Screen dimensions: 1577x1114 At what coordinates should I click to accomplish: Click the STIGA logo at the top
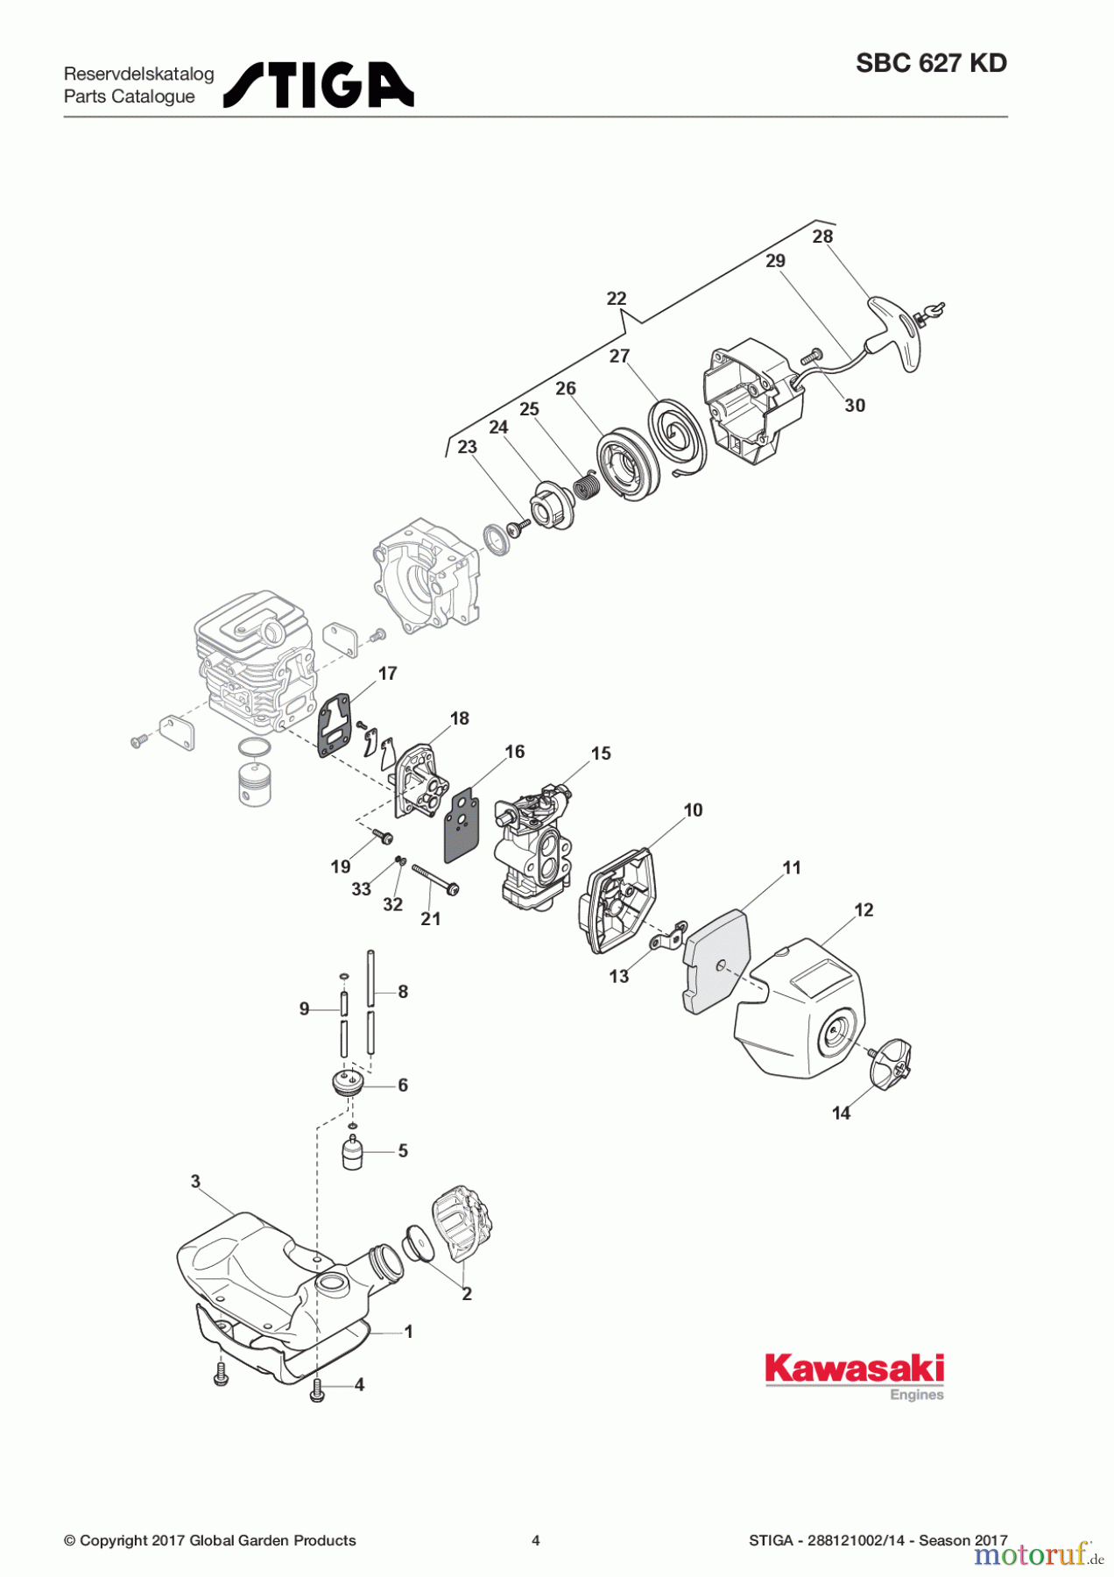point(319,85)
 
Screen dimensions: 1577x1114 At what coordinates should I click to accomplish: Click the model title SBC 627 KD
point(931,63)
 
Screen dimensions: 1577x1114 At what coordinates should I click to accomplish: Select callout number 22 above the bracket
point(617,299)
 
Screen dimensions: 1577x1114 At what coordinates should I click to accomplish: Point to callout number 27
point(619,356)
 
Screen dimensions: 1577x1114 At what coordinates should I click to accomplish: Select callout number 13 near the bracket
point(618,977)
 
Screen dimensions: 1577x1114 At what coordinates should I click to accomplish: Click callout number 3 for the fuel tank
point(195,1181)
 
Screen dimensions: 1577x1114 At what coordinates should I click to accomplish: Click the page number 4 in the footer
point(536,1540)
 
